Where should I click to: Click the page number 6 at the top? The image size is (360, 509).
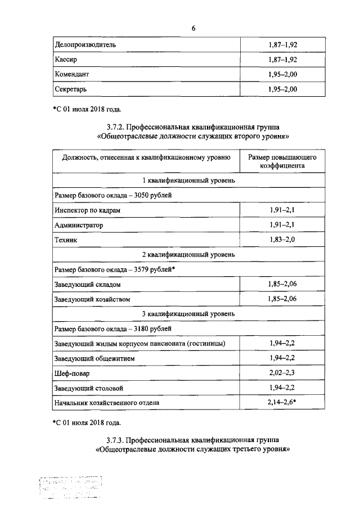click(193, 29)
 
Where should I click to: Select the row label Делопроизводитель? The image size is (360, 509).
click(85, 44)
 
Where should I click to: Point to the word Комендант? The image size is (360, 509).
click(72, 74)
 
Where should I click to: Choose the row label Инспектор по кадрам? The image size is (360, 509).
click(87, 210)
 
